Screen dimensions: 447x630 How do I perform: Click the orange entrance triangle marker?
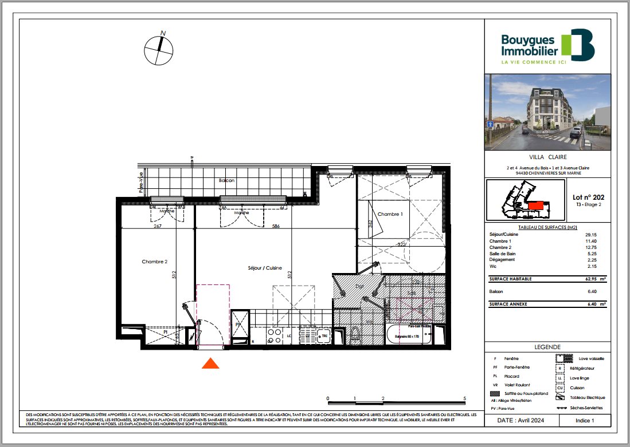(211, 363)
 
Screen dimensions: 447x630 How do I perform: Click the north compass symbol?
(159, 50)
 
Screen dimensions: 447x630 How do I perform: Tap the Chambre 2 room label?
(154, 262)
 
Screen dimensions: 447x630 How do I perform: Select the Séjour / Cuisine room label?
(265, 268)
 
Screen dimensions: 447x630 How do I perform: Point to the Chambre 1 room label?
(390, 214)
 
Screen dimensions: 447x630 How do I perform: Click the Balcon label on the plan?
(226, 180)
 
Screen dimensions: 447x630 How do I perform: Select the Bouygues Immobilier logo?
(547, 46)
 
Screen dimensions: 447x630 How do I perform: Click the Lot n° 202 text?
(584, 196)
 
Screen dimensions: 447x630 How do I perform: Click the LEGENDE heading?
(547, 347)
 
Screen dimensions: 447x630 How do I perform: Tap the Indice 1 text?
(585, 420)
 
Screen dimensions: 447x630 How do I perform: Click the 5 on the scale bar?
(464, 397)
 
